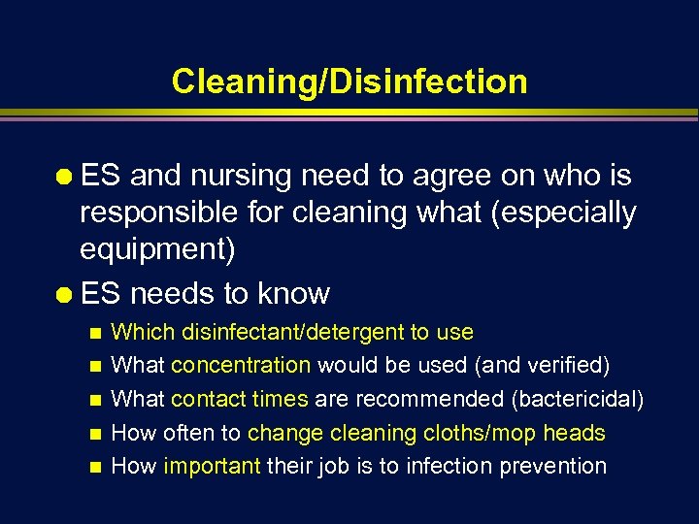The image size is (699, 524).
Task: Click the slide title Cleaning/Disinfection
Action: tap(349, 82)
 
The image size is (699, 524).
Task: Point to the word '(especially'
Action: tap(564, 213)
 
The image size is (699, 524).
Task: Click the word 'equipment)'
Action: tap(157, 249)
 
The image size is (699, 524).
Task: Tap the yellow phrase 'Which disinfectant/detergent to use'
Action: tap(292, 332)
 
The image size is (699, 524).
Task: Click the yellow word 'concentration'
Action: tap(241, 365)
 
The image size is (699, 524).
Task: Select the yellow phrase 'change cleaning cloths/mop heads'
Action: tap(426, 433)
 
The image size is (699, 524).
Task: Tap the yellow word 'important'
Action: tap(212, 466)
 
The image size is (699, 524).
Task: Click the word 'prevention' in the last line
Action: tap(552, 466)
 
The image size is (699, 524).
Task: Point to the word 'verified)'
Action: tap(573, 365)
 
